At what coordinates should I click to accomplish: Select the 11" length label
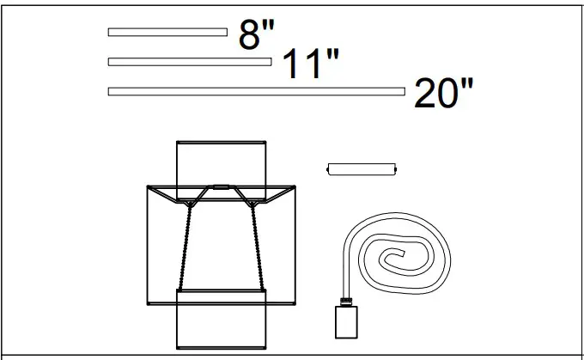coord(310,64)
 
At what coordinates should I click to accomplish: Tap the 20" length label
coord(443,93)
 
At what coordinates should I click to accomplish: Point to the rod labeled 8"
coord(167,33)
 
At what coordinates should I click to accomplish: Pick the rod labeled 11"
coord(189,62)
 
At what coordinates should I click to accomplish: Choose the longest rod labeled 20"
coord(256,91)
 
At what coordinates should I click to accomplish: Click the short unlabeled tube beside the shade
coord(362,169)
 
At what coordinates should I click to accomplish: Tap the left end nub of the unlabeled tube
coord(327,170)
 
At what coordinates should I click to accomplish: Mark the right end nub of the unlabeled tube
coord(396,170)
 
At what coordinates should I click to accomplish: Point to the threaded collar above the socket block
coord(345,300)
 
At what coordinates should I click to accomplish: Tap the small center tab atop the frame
coord(220,186)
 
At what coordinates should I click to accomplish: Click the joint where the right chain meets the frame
coord(252,204)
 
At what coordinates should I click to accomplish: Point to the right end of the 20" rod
coord(404,91)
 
